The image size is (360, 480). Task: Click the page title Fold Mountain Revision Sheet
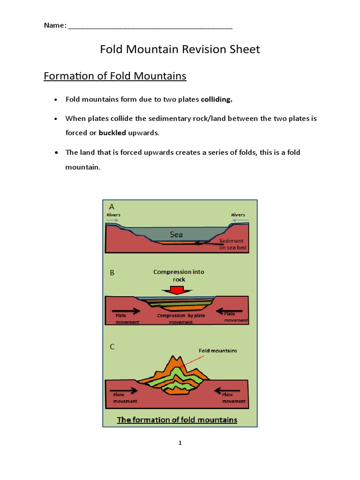click(180, 49)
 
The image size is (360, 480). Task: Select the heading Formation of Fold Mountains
click(115, 76)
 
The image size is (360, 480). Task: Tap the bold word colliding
click(217, 99)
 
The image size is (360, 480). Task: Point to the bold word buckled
click(112, 133)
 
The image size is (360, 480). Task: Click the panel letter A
click(112, 206)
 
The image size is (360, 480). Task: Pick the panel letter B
click(112, 273)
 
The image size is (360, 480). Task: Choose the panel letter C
click(112, 347)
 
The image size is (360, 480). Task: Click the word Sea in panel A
click(176, 234)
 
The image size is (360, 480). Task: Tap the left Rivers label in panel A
click(113, 215)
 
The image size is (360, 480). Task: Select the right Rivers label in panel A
click(238, 215)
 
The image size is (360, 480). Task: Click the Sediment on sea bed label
click(232, 244)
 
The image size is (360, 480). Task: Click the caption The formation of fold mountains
click(177, 420)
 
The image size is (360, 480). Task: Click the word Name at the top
click(54, 25)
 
